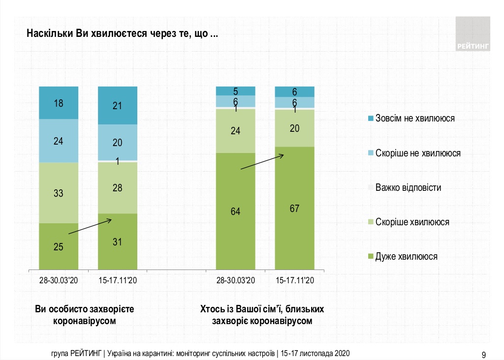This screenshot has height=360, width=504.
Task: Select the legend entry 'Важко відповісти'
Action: tap(408, 187)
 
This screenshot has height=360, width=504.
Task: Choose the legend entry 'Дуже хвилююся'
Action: tap(406, 256)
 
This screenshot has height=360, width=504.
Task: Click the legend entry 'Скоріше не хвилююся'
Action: tap(417, 153)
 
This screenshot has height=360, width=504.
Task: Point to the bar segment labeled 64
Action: tap(236, 211)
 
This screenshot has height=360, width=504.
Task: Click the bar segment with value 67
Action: tap(294, 208)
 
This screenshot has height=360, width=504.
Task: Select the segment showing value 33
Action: tap(59, 193)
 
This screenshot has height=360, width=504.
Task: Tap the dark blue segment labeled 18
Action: tap(59, 102)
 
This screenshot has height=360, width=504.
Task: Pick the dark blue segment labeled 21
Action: tap(118, 105)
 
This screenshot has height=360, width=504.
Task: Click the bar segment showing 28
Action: tap(118, 187)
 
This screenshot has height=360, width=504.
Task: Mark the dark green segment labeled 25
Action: tap(59, 246)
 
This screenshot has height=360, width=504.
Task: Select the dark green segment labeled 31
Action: tap(118, 241)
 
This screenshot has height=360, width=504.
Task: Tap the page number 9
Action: tap(484, 354)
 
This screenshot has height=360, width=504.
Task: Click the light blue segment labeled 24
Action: tap(59, 141)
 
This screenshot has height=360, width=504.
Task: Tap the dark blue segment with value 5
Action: tap(236, 91)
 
